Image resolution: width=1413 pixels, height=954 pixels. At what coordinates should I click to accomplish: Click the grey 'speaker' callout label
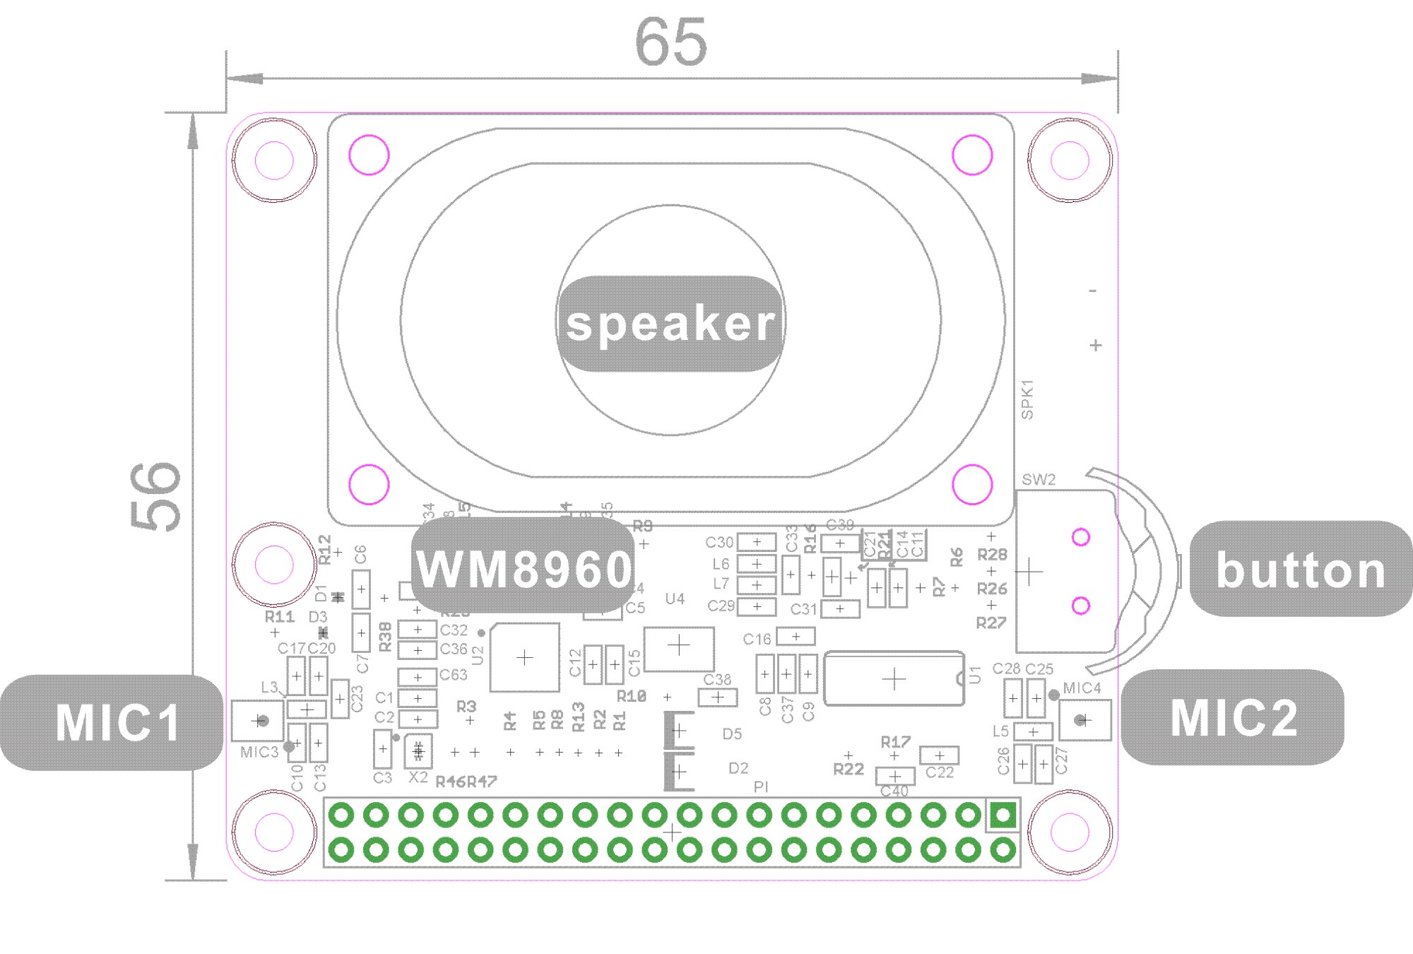(x=670, y=324)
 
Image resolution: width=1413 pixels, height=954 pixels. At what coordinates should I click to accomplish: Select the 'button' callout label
(x=1301, y=570)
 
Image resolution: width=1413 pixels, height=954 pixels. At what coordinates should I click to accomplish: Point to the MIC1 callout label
(x=117, y=722)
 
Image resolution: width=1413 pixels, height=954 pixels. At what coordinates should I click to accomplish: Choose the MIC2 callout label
(x=1234, y=718)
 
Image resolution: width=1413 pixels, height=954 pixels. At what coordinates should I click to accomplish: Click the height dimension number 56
(x=156, y=496)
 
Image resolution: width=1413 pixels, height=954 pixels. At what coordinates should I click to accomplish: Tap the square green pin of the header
(x=1003, y=815)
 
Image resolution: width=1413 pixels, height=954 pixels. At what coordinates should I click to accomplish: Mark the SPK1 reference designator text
(x=1027, y=400)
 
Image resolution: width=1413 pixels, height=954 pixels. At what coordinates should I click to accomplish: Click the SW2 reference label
(x=1039, y=480)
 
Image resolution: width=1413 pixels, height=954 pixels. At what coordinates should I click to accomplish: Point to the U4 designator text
(x=675, y=599)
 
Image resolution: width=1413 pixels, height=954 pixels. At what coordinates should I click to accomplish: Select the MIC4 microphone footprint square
(x=1084, y=720)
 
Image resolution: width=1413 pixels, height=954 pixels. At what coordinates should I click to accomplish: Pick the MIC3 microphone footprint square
(x=258, y=721)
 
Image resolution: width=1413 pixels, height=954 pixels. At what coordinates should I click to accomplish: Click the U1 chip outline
(x=894, y=679)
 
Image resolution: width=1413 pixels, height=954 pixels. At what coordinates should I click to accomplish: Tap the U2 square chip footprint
(x=525, y=657)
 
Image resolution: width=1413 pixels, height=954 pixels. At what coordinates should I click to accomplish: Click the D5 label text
(x=732, y=734)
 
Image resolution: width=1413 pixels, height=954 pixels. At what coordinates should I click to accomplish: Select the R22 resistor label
(x=849, y=770)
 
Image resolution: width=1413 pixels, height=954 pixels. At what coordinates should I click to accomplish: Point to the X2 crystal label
(x=418, y=777)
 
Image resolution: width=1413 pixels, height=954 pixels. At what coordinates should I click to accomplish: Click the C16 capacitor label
(x=757, y=640)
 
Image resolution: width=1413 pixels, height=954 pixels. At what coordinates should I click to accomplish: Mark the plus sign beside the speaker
(x=1095, y=346)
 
